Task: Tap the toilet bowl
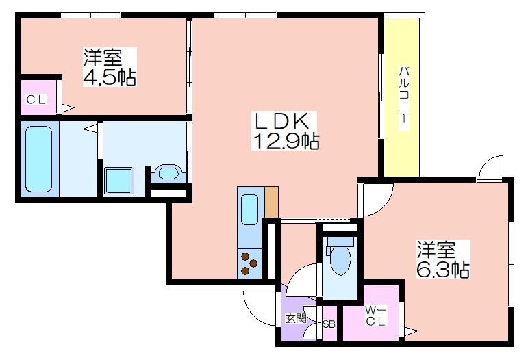point(340,261)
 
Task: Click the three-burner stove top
point(249,263)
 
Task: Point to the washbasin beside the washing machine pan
point(168,173)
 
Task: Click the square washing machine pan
point(118,181)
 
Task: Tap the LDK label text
point(282,121)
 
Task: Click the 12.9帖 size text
point(286,140)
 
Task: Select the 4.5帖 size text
point(110,77)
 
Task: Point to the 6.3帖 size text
point(443,269)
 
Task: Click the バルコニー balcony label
point(404,98)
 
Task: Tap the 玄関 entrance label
point(296,318)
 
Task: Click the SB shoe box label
point(329,324)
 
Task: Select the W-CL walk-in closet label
point(375,316)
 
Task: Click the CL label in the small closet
point(36,100)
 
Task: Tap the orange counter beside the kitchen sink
point(271,202)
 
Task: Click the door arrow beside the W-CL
point(411,331)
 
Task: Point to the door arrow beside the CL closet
point(68,108)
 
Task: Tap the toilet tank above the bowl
point(340,242)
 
